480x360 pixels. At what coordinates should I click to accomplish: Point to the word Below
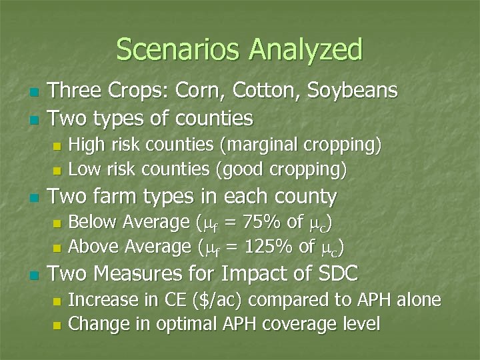tap(89, 222)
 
